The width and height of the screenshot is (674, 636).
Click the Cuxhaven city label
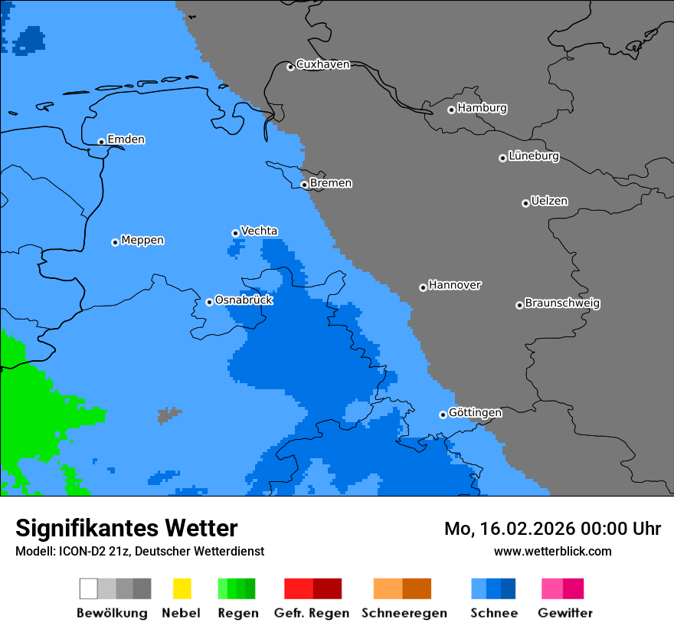[x=322, y=64]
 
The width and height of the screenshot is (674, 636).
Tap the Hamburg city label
[x=482, y=108]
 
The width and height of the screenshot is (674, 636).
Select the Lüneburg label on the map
[x=534, y=156]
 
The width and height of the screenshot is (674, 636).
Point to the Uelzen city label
[x=549, y=202]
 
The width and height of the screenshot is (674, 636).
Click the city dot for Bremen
[x=304, y=185]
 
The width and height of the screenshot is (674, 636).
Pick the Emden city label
[x=126, y=139]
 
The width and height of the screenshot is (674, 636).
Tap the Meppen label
[x=142, y=241]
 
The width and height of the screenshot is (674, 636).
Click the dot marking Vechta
[x=235, y=233]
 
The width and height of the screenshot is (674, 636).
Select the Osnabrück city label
[x=244, y=300]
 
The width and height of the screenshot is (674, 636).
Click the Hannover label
[x=454, y=285]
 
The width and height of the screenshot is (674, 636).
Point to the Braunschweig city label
[x=562, y=303]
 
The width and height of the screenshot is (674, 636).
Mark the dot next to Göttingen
[x=443, y=415]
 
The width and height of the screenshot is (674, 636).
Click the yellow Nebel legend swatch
[x=182, y=588]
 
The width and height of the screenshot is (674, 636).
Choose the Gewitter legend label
[x=565, y=613]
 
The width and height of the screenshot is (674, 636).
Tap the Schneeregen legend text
[x=404, y=613]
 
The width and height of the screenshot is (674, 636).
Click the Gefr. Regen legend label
[x=312, y=613]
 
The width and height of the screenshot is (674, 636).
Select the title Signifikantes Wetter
[x=126, y=529]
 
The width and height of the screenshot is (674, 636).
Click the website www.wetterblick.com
[x=552, y=552]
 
